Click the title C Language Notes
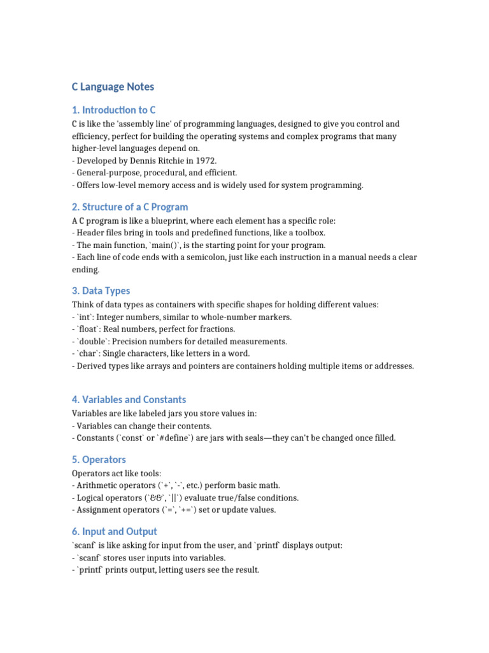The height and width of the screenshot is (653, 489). pyautogui.click(x=113, y=87)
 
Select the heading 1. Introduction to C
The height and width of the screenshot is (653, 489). pyautogui.click(x=113, y=110)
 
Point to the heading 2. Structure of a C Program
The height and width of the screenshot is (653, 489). pyautogui.click(x=130, y=207)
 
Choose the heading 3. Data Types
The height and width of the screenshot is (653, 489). pyautogui.click(x=101, y=291)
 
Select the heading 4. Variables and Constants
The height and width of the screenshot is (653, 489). pyautogui.click(x=129, y=400)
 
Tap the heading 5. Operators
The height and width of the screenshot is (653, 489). pyautogui.click(x=99, y=460)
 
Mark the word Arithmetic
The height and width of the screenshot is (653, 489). pyautogui.click(x=97, y=485)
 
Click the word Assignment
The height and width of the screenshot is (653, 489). pyautogui.click(x=97, y=510)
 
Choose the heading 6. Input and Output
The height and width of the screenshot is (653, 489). pyautogui.click(x=115, y=532)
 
